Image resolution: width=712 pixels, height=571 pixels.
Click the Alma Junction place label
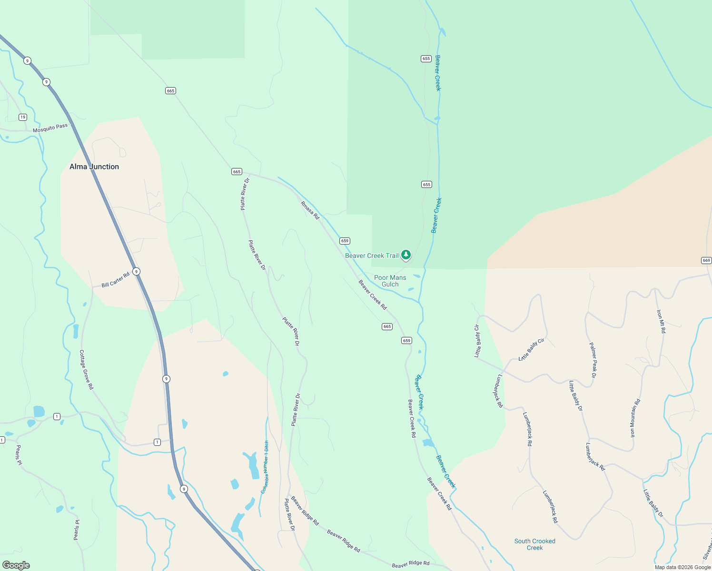point(94,167)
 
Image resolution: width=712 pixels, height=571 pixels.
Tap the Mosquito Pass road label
point(50,128)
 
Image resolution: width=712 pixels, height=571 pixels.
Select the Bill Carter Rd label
point(115,280)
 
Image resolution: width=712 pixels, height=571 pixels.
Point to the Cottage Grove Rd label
point(86,370)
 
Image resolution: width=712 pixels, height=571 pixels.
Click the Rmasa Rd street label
point(310,210)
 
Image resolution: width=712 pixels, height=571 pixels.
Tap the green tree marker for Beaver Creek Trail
point(405,255)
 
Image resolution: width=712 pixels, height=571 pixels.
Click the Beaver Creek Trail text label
point(372,256)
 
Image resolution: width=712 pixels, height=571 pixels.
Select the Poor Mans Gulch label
point(390,281)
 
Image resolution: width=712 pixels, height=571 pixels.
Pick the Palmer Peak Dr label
point(593,360)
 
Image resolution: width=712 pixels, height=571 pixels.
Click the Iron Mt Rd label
point(661,321)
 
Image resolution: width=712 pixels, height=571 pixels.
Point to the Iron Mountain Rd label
point(635,418)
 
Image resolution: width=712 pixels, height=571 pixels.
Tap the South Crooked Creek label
point(534,544)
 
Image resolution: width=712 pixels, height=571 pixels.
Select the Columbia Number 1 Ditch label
point(265,467)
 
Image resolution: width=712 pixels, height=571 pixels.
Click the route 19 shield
point(23,117)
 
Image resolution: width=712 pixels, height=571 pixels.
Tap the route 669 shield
point(706,260)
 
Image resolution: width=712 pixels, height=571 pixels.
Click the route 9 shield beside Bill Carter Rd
point(137,272)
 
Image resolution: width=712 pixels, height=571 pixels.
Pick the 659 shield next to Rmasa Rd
point(345,241)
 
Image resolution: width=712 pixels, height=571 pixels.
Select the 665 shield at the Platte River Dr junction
point(237,171)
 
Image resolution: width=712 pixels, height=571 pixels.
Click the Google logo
point(16,565)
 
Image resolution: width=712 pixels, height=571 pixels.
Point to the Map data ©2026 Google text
point(682,567)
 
